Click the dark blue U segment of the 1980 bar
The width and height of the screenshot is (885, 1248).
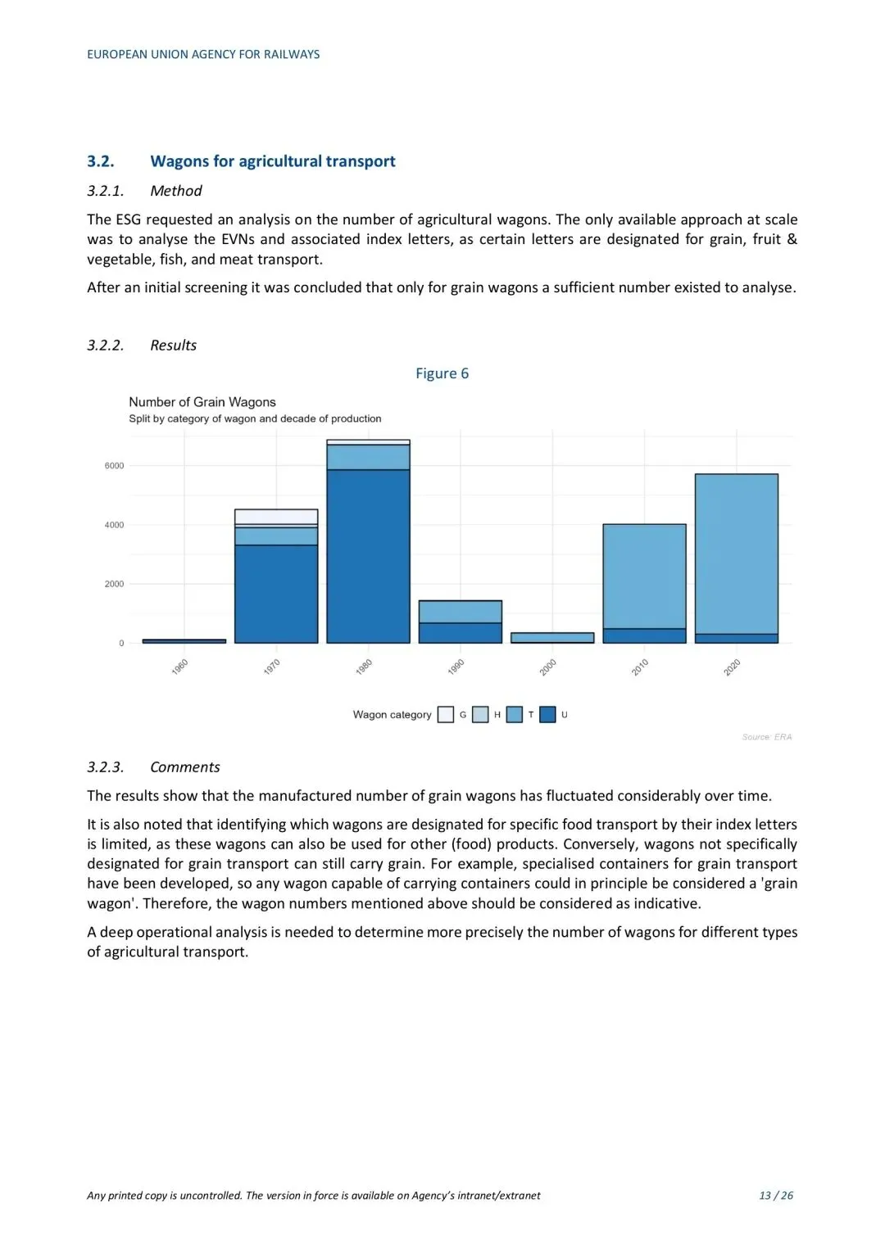click(x=368, y=556)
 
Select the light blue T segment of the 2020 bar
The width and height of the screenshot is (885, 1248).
click(x=736, y=554)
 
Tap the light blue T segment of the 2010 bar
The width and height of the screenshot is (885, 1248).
click(x=644, y=576)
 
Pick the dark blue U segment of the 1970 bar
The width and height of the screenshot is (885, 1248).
click(x=276, y=594)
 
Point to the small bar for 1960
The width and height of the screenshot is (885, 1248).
click(x=184, y=641)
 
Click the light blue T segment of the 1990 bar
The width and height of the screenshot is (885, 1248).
click(x=460, y=612)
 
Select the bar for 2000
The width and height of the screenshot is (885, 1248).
click(x=551, y=637)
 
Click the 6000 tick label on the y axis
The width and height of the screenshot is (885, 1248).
click(x=114, y=466)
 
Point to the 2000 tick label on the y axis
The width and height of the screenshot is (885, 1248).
click(x=114, y=584)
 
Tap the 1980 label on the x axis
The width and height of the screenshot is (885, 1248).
click(x=364, y=667)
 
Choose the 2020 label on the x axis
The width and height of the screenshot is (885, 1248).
click(x=732, y=667)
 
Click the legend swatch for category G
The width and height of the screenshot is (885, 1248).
click(x=446, y=715)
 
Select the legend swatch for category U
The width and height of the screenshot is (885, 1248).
click(x=548, y=715)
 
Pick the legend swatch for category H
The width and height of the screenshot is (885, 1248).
click(x=480, y=715)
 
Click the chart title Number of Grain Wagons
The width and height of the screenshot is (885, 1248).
click(x=202, y=402)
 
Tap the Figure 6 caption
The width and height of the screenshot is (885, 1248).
click(x=442, y=373)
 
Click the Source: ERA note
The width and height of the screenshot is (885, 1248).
click(x=766, y=737)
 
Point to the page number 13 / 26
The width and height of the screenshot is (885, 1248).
click(x=775, y=1196)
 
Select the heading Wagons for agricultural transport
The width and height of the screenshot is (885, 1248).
click(x=272, y=161)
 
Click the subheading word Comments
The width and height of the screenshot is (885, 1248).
click(x=185, y=767)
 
